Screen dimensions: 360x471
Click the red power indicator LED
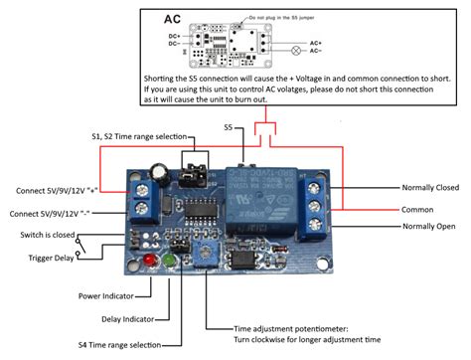click(x=150, y=262)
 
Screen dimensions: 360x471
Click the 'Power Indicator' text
click(x=110, y=295)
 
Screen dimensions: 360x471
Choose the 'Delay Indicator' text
click(x=111, y=319)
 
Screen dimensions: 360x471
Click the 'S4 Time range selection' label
click(x=121, y=344)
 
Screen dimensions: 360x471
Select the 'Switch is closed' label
click(x=47, y=235)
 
